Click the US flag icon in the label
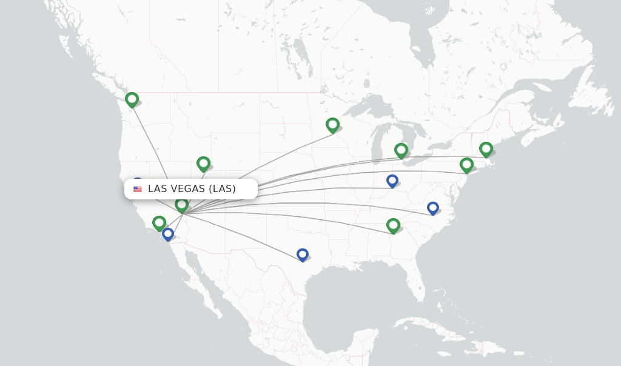(x=138, y=189)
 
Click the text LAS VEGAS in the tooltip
(x=176, y=189)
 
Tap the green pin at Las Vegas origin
(x=181, y=205)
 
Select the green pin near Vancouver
(x=132, y=99)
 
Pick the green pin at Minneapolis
(x=332, y=125)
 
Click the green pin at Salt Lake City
(x=203, y=164)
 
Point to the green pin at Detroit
(x=401, y=150)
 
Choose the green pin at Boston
(x=486, y=149)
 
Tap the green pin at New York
(x=466, y=165)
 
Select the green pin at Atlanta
(x=393, y=226)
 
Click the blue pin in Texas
(x=303, y=255)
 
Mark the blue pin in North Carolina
(x=432, y=208)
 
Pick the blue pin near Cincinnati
(x=392, y=181)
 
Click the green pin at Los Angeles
(x=159, y=223)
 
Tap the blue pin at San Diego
(x=168, y=234)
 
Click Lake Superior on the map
(x=370, y=103)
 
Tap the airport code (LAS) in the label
(x=222, y=189)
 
